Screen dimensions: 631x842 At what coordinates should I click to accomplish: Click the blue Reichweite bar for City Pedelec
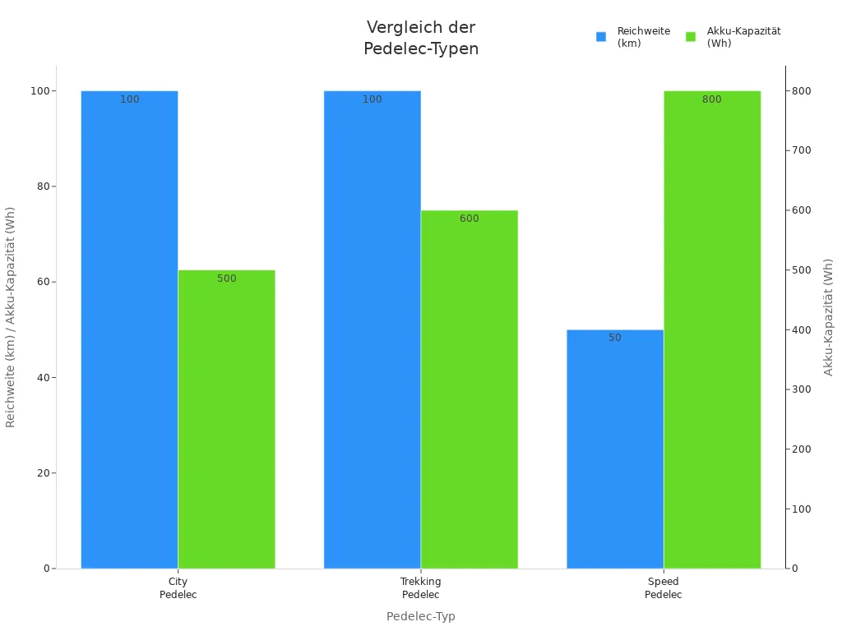(x=129, y=329)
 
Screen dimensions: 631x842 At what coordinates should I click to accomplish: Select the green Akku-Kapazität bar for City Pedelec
(x=226, y=419)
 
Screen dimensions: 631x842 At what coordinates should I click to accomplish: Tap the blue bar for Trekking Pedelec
(x=372, y=329)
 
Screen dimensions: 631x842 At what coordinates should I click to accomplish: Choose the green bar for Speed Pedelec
(x=712, y=329)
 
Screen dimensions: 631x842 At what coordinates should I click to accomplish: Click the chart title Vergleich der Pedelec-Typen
(x=421, y=38)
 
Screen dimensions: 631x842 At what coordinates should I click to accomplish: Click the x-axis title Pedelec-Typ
(x=421, y=616)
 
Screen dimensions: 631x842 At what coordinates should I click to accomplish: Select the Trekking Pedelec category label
(x=421, y=588)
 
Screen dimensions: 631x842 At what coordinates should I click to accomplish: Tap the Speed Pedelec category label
(x=664, y=588)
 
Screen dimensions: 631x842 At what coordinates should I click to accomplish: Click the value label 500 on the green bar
(x=226, y=279)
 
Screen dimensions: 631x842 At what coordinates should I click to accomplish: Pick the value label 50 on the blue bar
(x=615, y=338)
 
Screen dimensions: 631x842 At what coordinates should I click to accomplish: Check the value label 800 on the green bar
(x=712, y=99)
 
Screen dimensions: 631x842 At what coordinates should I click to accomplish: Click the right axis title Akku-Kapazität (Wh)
(x=829, y=317)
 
